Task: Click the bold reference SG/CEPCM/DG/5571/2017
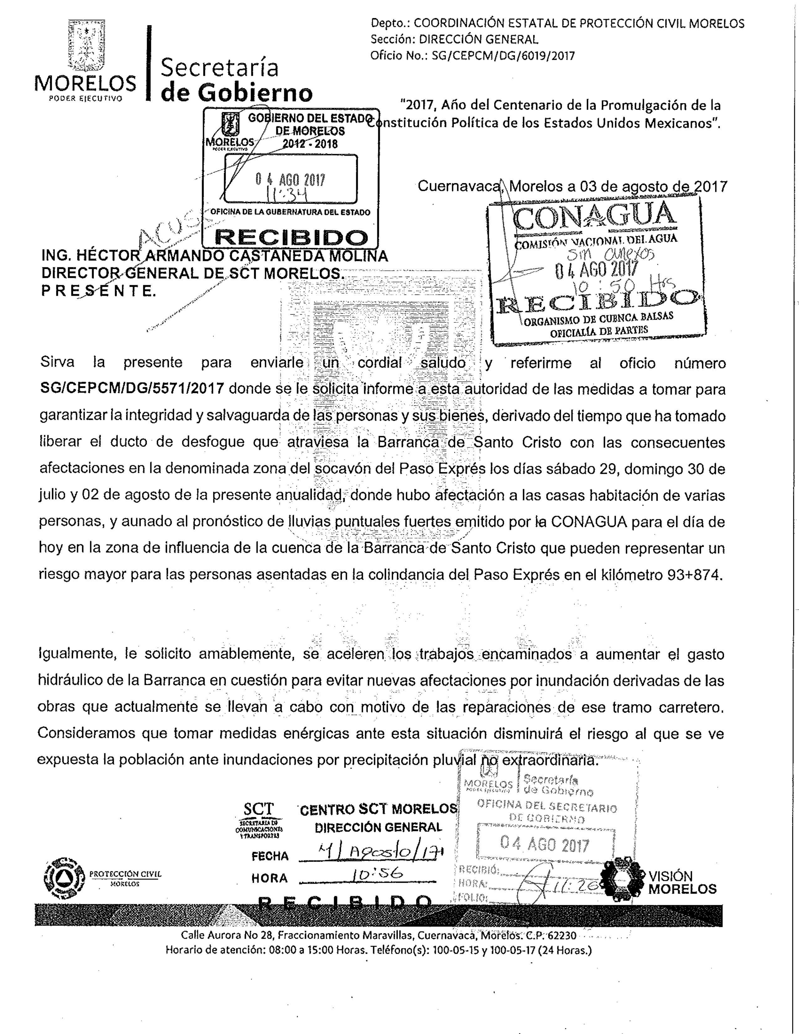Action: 132,389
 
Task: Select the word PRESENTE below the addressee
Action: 98,291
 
